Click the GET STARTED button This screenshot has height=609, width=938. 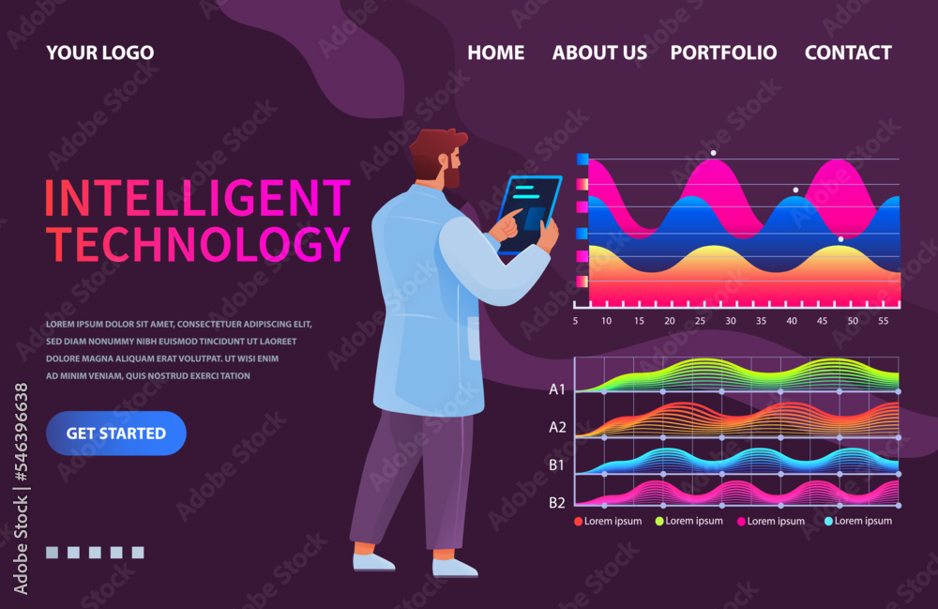[116, 434]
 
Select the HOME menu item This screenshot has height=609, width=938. [496, 53]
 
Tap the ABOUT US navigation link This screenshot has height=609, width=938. [599, 53]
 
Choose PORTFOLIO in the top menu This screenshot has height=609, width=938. [723, 53]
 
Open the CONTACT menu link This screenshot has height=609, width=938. [848, 53]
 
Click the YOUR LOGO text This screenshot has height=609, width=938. [100, 53]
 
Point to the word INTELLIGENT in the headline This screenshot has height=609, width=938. [197, 199]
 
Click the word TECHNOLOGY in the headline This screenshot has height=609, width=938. [197, 244]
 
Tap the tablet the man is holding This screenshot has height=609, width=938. [527, 215]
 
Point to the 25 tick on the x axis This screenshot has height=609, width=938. [700, 321]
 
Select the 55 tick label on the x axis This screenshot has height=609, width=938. [883, 321]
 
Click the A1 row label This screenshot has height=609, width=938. [557, 389]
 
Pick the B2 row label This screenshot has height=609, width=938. [557, 502]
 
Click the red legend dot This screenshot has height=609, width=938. [578, 521]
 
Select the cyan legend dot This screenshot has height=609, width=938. [828, 521]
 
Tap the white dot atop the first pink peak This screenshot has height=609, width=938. [713, 152]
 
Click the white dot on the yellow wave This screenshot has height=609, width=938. [840, 239]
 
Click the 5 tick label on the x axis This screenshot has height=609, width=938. [575, 321]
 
